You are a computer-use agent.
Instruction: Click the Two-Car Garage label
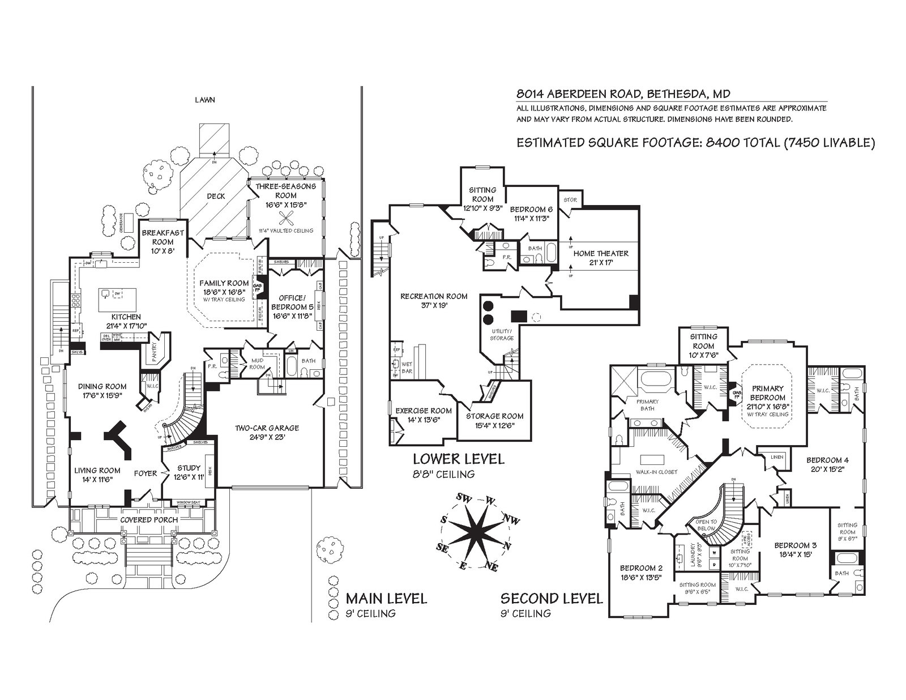[x=267, y=428]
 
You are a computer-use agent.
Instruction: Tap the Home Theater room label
[x=600, y=254]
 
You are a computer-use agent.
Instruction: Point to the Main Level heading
[x=386, y=598]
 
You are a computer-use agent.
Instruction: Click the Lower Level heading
[x=458, y=459]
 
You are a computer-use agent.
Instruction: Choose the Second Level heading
[x=551, y=598]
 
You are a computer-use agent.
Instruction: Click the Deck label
[x=216, y=197]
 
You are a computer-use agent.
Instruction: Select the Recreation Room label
[x=434, y=296]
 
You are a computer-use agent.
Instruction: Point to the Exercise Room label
[x=424, y=411]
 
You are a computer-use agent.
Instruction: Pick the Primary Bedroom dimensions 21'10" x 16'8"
[x=767, y=406]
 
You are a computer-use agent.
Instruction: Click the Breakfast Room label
[x=157, y=237]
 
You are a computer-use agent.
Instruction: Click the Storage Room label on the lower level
[x=494, y=416]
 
